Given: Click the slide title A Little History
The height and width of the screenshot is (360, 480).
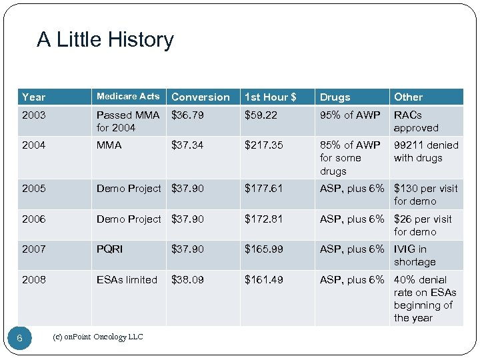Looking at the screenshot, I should [105, 40].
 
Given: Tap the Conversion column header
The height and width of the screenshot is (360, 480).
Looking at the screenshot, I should [201, 97].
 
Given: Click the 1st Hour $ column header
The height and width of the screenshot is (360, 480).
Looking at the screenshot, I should [270, 97].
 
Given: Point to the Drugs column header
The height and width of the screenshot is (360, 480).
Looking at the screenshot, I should [335, 97].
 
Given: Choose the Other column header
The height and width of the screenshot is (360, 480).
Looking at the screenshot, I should [408, 97].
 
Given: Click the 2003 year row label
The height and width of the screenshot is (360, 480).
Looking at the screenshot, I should [34, 115].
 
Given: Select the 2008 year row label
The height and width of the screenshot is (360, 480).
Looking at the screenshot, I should [34, 280].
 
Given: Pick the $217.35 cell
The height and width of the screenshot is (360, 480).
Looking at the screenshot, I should [264, 145].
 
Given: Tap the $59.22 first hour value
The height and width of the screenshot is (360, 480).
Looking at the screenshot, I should [261, 115].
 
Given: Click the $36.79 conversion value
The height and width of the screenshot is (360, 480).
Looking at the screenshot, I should [188, 115].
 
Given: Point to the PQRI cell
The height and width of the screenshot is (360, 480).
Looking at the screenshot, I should [110, 249].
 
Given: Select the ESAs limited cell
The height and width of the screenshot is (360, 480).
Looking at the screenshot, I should [127, 280].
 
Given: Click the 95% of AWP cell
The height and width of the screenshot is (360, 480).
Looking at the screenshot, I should [350, 115].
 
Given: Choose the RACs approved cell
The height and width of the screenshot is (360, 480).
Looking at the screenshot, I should [416, 121].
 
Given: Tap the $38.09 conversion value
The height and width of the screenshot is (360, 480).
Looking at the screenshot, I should [188, 280].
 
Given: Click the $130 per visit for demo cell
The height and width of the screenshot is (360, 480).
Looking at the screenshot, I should [425, 195].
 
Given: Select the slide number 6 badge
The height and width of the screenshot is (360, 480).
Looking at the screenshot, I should [19, 339].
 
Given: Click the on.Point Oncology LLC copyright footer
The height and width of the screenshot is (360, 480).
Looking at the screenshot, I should [97, 337].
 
